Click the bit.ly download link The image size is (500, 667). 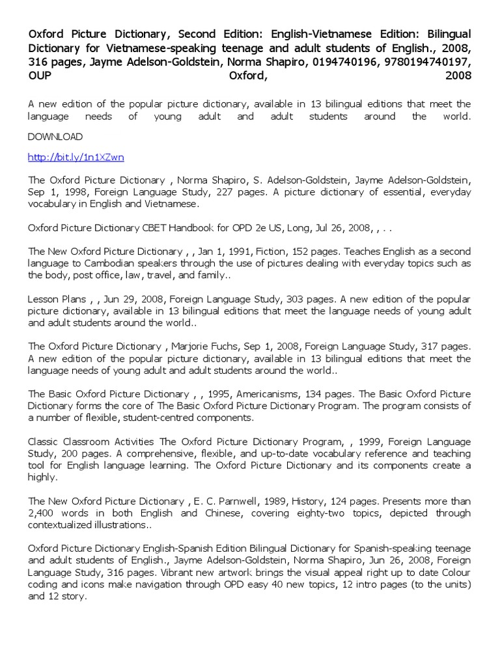coord(76,157)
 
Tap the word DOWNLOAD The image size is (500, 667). coord(55,137)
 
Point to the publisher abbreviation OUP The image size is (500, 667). coord(39,76)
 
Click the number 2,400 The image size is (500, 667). coord(42,513)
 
